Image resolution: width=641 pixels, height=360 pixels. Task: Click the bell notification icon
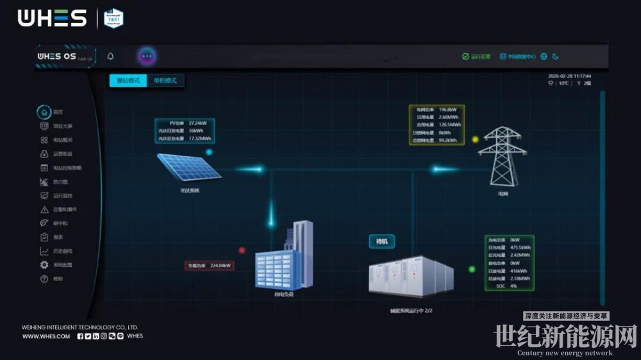(110, 56)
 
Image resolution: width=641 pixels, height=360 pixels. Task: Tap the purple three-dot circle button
(147, 56)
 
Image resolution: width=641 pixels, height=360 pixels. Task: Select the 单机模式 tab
(165, 81)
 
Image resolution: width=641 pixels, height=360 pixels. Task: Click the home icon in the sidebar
(44, 111)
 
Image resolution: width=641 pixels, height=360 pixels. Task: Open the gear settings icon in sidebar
(44, 265)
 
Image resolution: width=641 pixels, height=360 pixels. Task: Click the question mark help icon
(44, 279)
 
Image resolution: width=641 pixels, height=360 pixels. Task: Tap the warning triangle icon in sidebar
(44, 209)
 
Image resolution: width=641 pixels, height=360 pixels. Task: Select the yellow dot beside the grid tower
(475, 139)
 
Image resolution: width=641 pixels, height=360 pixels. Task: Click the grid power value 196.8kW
(448, 110)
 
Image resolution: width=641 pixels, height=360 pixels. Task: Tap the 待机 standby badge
(381, 241)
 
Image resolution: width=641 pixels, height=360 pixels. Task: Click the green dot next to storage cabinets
(472, 270)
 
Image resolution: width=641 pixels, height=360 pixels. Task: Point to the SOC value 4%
(513, 286)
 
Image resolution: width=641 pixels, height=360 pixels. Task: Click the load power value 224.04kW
(220, 265)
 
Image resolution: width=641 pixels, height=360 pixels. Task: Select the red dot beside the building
(242, 250)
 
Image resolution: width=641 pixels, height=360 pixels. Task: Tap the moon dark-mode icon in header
(556, 56)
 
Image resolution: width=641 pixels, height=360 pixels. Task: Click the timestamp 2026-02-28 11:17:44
(569, 76)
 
